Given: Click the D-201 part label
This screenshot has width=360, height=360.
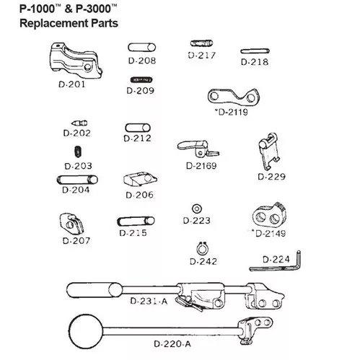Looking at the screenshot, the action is pyautogui.click(x=72, y=84).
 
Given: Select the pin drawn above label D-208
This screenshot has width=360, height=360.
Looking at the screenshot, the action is pyautogui.click(x=142, y=48).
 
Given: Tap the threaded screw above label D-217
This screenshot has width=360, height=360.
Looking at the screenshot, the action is pyautogui.click(x=202, y=43).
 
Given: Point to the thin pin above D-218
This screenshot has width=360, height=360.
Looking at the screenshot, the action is pyautogui.click(x=255, y=51).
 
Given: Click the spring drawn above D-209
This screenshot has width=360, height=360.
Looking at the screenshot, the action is pyautogui.click(x=141, y=79).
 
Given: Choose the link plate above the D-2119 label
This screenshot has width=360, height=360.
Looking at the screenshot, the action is pyautogui.click(x=234, y=97).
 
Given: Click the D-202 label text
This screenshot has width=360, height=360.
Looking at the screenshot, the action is pyautogui.click(x=76, y=133).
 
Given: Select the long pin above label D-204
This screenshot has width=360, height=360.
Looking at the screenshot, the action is pyautogui.click(x=77, y=180).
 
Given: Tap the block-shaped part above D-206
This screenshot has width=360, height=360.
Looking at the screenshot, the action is pyautogui.click(x=140, y=179).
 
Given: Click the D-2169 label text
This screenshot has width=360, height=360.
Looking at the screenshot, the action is pyautogui.click(x=201, y=166).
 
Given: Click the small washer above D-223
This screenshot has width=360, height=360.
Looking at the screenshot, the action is pyautogui.click(x=197, y=208).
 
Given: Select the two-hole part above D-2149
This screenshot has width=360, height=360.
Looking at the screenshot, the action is pyautogui.click(x=269, y=215).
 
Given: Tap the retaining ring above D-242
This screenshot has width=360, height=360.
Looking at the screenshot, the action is pyautogui.click(x=202, y=249).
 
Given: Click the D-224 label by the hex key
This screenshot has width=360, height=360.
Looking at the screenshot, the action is pyautogui.click(x=276, y=260).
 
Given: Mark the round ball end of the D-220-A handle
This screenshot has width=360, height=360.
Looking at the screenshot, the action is pyautogui.click(x=86, y=331).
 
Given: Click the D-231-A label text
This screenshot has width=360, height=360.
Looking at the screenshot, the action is pyautogui.click(x=149, y=301).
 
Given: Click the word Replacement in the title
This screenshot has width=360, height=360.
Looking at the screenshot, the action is pyautogui.click(x=54, y=23).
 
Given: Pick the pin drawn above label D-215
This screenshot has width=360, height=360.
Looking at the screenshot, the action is pyautogui.click(x=136, y=221).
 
